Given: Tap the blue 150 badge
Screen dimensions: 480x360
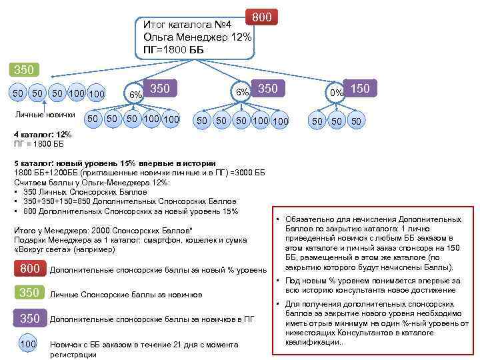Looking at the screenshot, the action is [x=361, y=89].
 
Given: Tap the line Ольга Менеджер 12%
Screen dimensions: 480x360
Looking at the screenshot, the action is [x=197, y=37].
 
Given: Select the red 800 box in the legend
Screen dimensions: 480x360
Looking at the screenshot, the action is [x=30, y=269].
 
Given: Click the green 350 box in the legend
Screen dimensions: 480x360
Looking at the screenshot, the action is [x=30, y=293].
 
